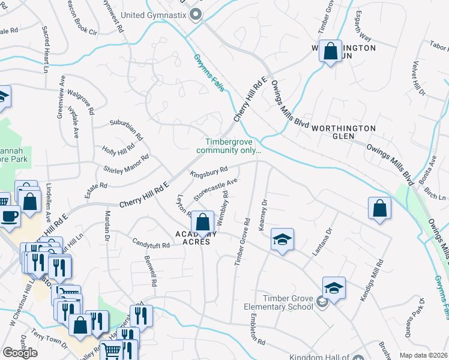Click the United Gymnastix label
pos(154,14)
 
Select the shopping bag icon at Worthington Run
pos(330,51)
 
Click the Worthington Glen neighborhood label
pos(344,128)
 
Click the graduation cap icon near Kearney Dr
pos(282,240)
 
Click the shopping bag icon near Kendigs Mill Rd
pos(379,209)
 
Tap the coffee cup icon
pos(9,216)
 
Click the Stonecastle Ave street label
pos(215,188)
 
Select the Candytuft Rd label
pos(151,244)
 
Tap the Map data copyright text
pos(423,355)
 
